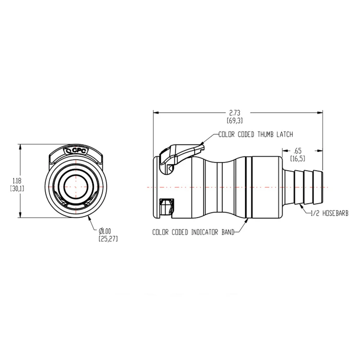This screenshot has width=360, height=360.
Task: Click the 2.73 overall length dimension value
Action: [235, 112]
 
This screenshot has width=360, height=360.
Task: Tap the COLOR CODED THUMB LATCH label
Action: [255, 134]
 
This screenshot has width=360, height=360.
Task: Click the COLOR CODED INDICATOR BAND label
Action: [193, 232]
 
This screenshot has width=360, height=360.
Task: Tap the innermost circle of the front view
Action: [77, 185]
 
